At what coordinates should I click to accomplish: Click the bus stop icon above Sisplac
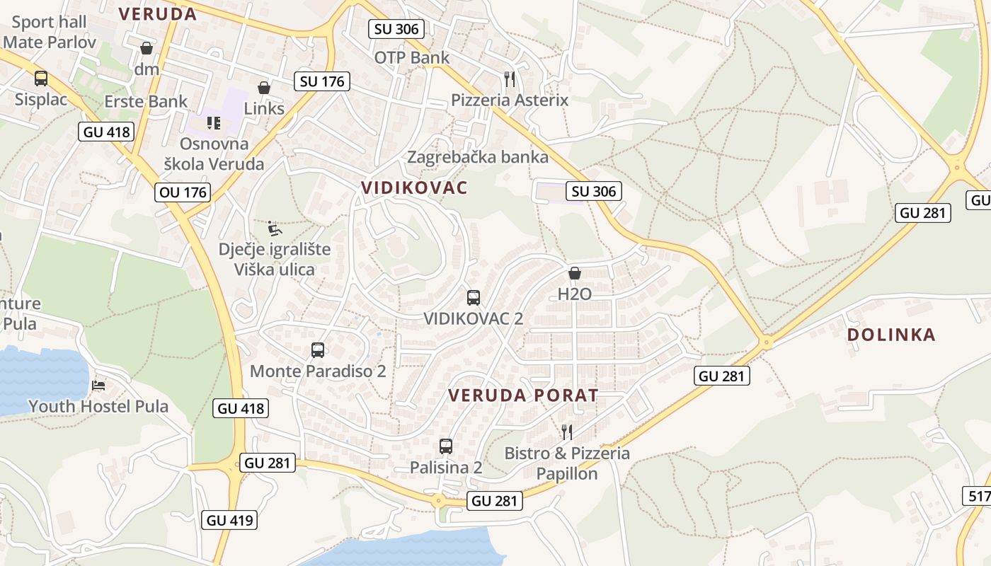coord(41,79)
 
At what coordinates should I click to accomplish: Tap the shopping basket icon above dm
coord(147,48)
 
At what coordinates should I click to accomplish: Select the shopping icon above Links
coord(264,88)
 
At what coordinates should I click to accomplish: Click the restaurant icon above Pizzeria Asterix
coord(509,79)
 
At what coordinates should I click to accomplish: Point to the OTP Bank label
coord(411,57)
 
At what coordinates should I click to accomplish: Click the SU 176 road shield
coord(322,81)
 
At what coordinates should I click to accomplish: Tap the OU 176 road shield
coord(183,192)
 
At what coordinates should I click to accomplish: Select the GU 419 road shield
coord(230,520)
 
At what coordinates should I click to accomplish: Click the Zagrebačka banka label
coord(478,156)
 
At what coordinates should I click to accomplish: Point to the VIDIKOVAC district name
coord(414,187)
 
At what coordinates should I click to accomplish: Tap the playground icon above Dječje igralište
coord(275,229)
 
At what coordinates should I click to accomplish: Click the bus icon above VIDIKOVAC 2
coord(474,298)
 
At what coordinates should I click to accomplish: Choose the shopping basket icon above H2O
coord(575,273)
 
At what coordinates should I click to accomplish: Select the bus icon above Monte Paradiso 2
coord(318,350)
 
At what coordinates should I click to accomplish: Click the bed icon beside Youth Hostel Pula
coord(98,386)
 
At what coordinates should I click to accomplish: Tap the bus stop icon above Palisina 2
coord(445,446)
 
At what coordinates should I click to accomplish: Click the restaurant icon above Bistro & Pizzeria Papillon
coord(567,432)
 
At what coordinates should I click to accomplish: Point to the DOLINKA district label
coord(891,335)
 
